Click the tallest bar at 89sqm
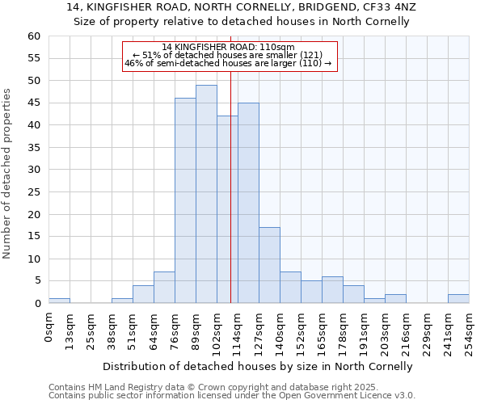[x=206, y=194]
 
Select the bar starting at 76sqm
[x=185, y=200]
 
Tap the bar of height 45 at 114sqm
[x=248, y=203]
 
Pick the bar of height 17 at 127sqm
[x=269, y=265]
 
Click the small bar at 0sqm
[x=59, y=301]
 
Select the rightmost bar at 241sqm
[x=458, y=299]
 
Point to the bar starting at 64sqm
[x=164, y=288]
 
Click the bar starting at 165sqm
[x=332, y=290]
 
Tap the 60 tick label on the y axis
[x=34, y=36]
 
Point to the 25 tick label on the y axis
[x=34, y=192]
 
